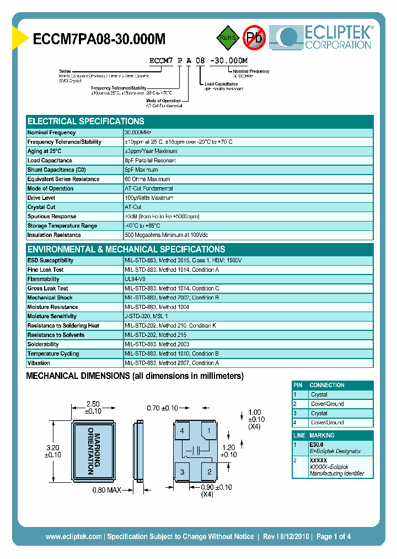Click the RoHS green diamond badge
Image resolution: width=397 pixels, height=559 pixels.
[226, 38]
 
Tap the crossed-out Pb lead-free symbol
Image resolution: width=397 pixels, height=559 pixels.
[254, 38]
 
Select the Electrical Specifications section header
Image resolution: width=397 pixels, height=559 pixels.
[86, 121]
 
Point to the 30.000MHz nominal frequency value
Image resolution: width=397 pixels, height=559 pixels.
[138, 133]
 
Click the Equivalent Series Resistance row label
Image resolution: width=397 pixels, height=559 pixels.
[63, 179]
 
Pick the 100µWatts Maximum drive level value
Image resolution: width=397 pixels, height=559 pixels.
[149, 198]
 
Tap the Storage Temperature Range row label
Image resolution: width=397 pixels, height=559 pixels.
[62, 225]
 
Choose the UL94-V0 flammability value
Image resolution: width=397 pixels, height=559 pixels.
[135, 279]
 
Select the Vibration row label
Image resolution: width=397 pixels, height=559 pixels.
[39, 363]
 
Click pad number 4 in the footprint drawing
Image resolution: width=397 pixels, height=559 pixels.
[182, 431]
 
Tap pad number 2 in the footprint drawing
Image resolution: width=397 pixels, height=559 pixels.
[209, 471]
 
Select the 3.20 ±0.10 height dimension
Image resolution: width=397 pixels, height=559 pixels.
[52, 451]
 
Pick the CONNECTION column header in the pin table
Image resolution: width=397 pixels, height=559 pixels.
[327, 385]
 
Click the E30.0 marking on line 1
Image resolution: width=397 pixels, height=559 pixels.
[317, 444]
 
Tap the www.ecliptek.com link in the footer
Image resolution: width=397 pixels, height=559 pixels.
[74, 536]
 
